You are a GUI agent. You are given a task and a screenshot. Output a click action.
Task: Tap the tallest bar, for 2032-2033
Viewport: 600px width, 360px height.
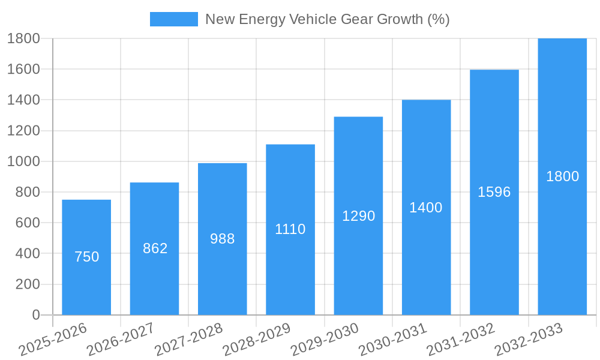click(562, 240)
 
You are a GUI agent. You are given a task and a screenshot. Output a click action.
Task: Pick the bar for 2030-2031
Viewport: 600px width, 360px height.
click(426, 264)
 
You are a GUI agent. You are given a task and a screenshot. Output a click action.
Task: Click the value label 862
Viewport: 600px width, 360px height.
click(155, 248)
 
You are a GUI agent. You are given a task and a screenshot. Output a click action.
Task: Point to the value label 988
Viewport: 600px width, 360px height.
click(223, 239)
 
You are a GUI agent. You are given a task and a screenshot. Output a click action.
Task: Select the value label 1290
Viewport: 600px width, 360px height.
click(358, 216)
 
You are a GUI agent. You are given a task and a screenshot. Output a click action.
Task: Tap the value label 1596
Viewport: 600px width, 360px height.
click(494, 192)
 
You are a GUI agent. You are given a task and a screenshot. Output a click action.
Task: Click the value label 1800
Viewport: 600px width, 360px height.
click(562, 176)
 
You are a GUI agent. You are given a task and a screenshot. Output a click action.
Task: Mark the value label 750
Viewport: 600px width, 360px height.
click(86, 257)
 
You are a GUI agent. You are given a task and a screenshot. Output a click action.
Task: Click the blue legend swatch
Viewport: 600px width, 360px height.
click(173, 19)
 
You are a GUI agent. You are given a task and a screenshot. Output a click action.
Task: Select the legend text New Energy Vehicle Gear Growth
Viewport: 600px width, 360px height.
click(327, 19)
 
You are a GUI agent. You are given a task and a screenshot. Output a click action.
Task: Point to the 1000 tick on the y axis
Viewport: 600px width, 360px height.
click(23, 161)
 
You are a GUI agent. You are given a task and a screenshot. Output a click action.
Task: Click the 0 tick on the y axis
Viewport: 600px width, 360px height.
click(35, 315)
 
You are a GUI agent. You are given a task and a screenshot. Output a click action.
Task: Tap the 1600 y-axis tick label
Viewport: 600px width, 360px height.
click(23, 69)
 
